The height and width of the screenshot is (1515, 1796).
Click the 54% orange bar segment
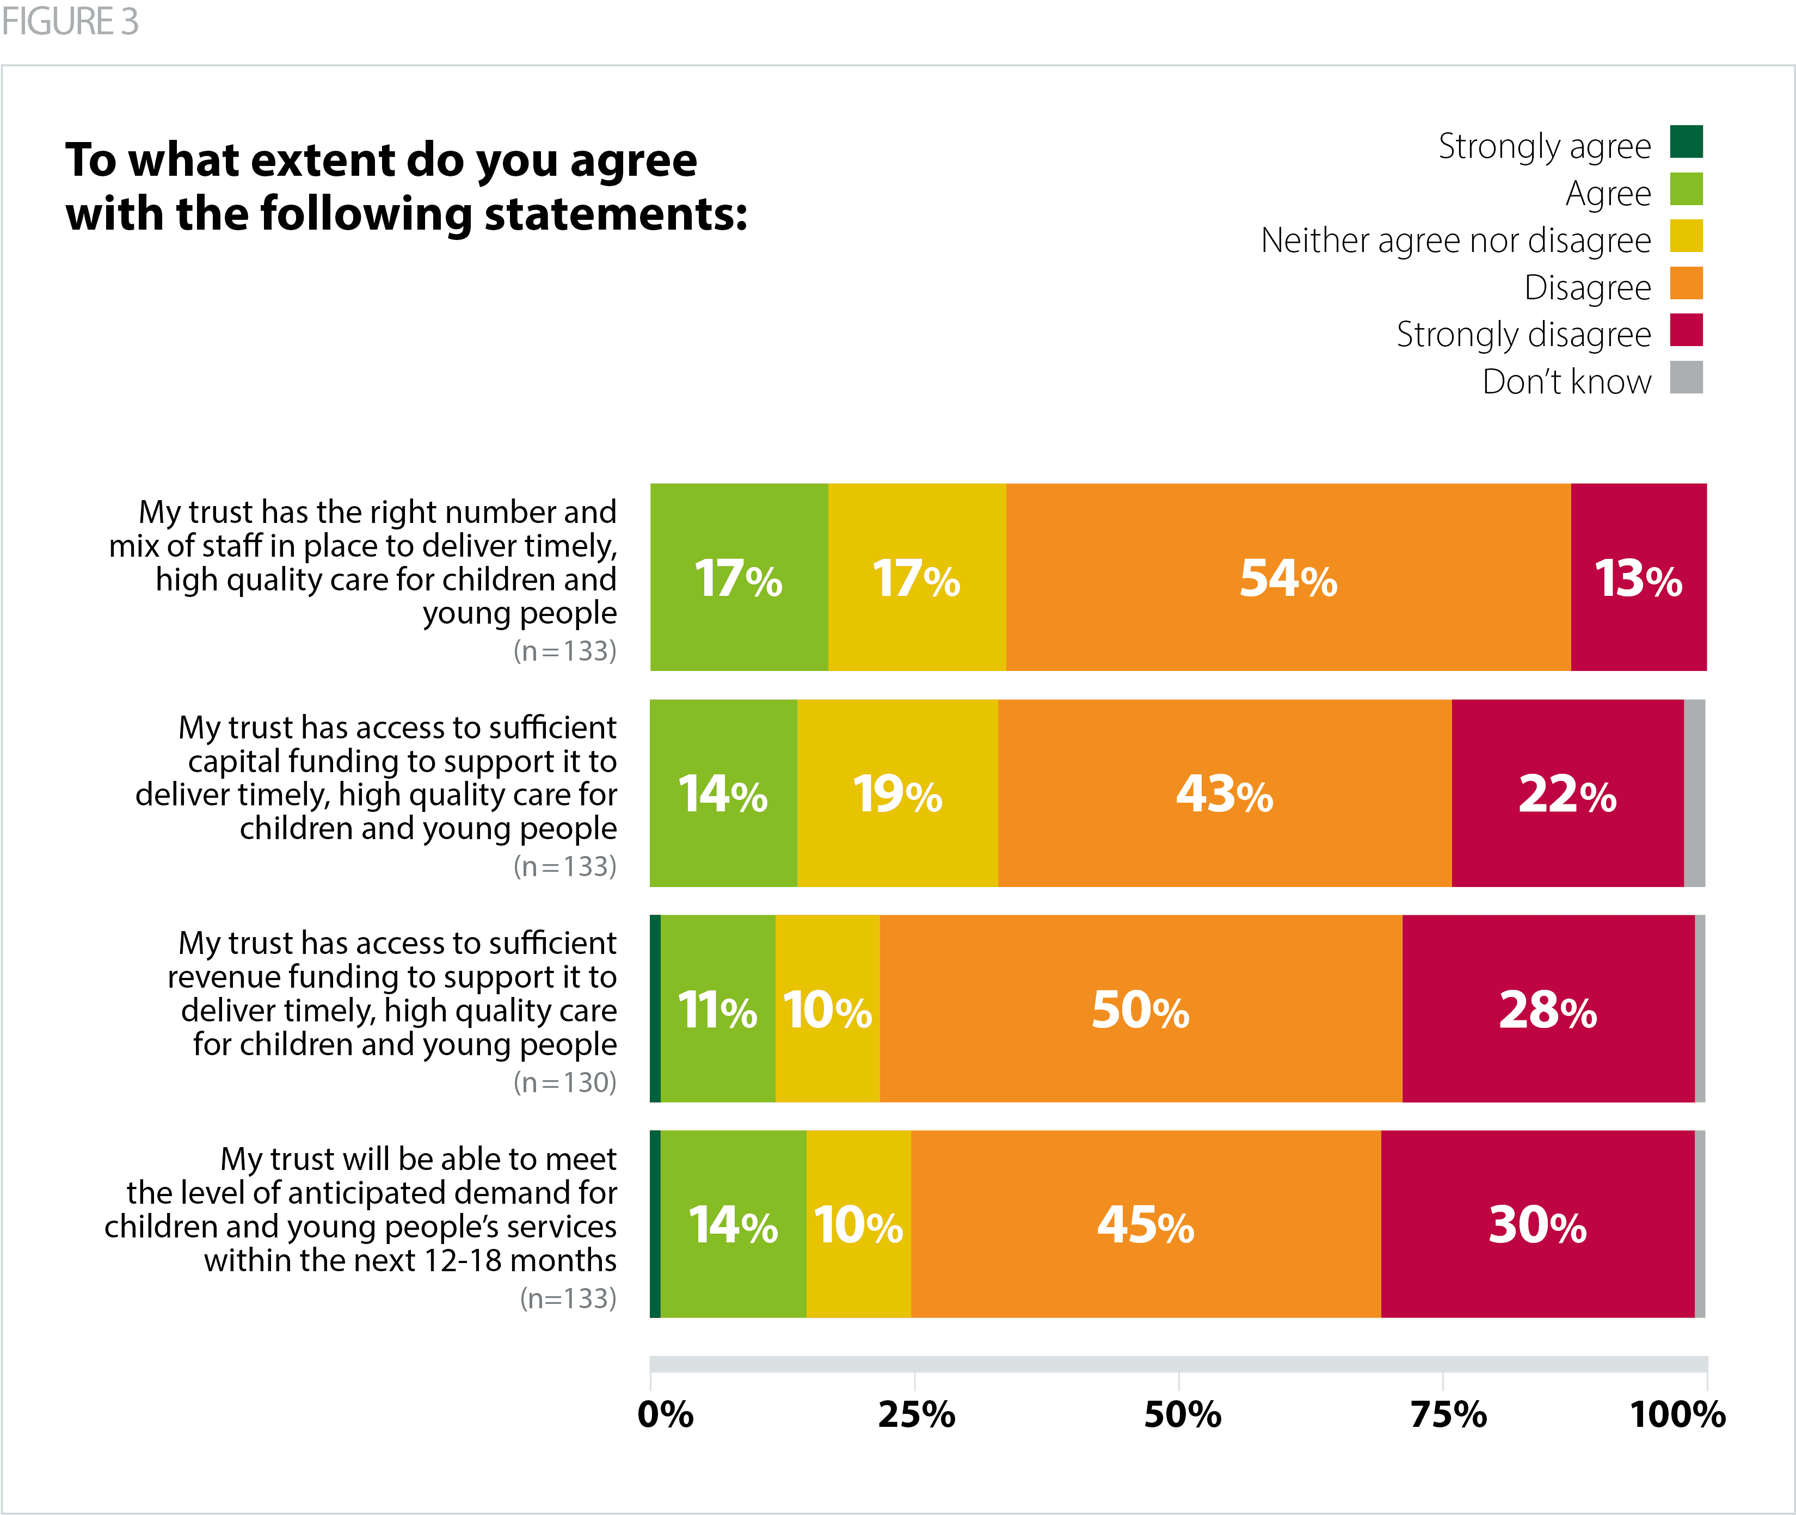[1288, 577]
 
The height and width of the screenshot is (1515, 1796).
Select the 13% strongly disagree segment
[1638, 577]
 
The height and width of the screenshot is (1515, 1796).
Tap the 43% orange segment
[1224, 793]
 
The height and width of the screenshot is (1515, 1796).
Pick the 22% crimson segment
[1567, 793]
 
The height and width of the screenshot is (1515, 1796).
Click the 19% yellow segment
[897, 793]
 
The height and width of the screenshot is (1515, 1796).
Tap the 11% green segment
[717, 1008]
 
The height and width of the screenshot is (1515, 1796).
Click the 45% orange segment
[1145, 1224]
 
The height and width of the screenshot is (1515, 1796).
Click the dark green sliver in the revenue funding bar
[655, 1008]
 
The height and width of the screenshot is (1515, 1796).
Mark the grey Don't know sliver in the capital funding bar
[1694, 793]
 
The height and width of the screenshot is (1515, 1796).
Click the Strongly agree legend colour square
[1686, 141]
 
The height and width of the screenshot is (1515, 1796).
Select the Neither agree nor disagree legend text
[1455, 241]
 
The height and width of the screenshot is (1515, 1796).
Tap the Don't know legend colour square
[1686, 377]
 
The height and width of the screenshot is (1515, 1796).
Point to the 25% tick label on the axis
[915, 1414]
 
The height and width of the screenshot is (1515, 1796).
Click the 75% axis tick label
[1448, 1414]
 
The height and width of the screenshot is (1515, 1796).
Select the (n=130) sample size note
[564, 1082]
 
